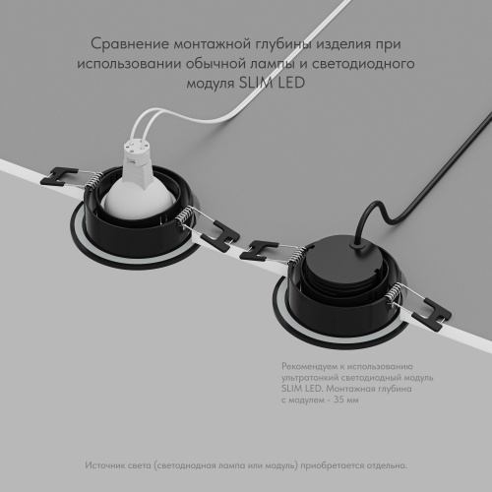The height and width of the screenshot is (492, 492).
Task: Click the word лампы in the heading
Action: click(267, 64)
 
